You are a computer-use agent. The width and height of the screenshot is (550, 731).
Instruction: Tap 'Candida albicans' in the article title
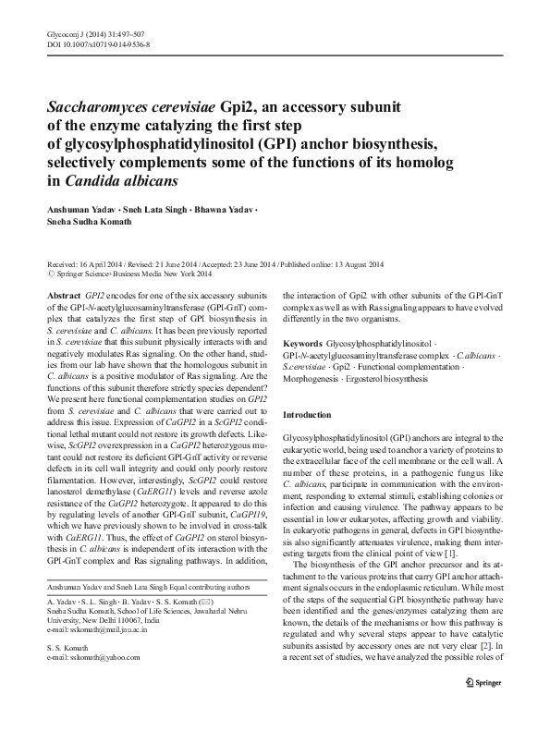[119, 180]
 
